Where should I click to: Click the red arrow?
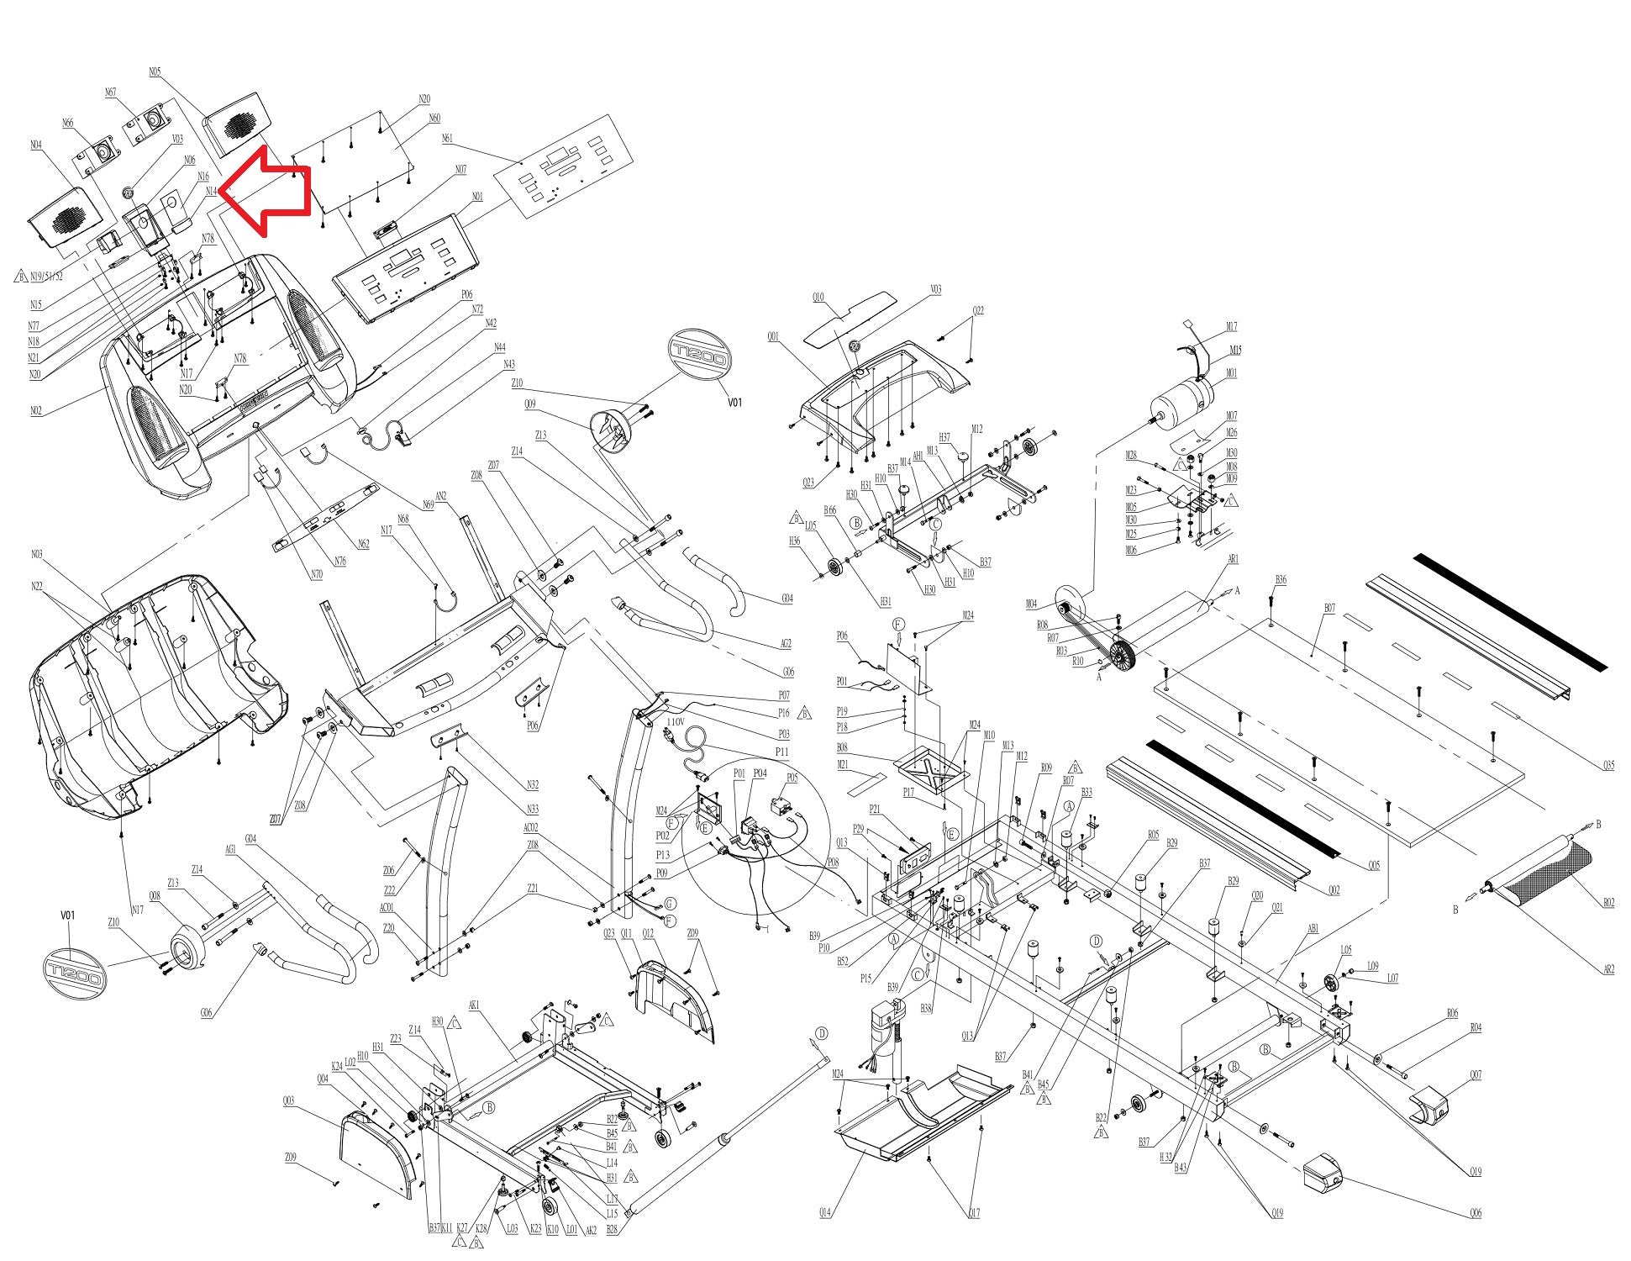point(267,193)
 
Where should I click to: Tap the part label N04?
point(36,145)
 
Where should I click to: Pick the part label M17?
point(1233,327)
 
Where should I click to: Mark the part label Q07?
point(1476,1074)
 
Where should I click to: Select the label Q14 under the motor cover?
point(825,1212)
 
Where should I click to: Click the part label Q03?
point(288,1100)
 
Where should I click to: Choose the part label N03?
point(36,554)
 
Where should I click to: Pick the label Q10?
point(818,296)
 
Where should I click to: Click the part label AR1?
point(1234,559)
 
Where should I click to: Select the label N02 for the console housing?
point(36,410)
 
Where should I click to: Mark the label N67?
point(111,92)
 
